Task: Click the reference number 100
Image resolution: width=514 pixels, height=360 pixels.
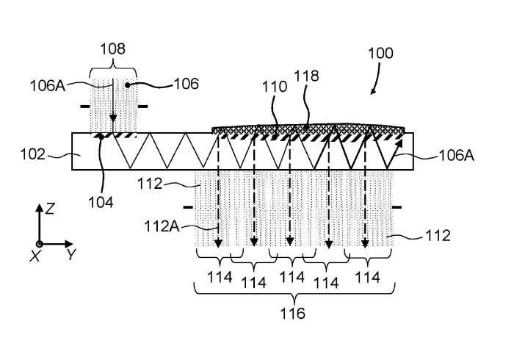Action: [380, 53]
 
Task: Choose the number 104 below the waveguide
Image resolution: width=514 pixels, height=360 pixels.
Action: [106, 198]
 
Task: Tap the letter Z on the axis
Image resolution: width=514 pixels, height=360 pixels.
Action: [49, 209]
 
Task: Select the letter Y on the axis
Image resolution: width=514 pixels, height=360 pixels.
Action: [70, 255]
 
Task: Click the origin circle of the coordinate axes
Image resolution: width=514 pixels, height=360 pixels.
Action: [40, 243]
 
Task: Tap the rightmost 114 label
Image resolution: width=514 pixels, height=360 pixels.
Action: [367, 278]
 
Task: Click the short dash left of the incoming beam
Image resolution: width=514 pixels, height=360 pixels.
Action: [84, 107]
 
